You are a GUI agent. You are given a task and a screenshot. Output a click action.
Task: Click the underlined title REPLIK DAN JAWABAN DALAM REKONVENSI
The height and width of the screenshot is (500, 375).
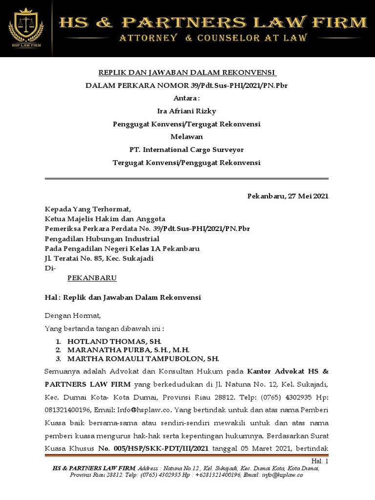pos(187,73)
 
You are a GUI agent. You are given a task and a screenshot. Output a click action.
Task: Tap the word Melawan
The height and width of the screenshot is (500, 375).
pos(187,137)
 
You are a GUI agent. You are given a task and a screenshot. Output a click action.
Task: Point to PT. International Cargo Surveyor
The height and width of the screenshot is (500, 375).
pos(187,149)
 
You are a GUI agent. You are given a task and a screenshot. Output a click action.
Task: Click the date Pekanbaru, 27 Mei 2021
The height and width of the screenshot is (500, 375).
pos(288,196)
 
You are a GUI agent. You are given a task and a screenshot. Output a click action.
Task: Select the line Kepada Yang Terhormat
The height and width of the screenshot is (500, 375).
pos(88,209)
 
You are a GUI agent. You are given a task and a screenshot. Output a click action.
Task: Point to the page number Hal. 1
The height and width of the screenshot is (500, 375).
pos(320,461)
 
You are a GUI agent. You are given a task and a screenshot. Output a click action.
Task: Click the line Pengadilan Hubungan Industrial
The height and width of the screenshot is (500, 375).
pos(102,239)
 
